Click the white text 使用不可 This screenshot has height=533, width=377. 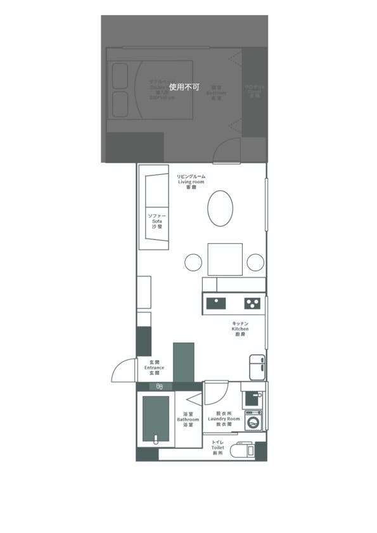click(184, 87)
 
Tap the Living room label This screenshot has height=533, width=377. click(191, 182)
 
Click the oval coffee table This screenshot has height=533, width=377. click(220, 208)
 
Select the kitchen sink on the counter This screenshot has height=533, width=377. click(215, 302)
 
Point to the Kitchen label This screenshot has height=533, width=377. click(240, 329)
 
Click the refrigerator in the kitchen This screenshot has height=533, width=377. click(257, 367)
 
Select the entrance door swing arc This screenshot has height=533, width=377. click(123, 371)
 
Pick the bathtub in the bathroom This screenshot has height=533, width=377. click(155, 418)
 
